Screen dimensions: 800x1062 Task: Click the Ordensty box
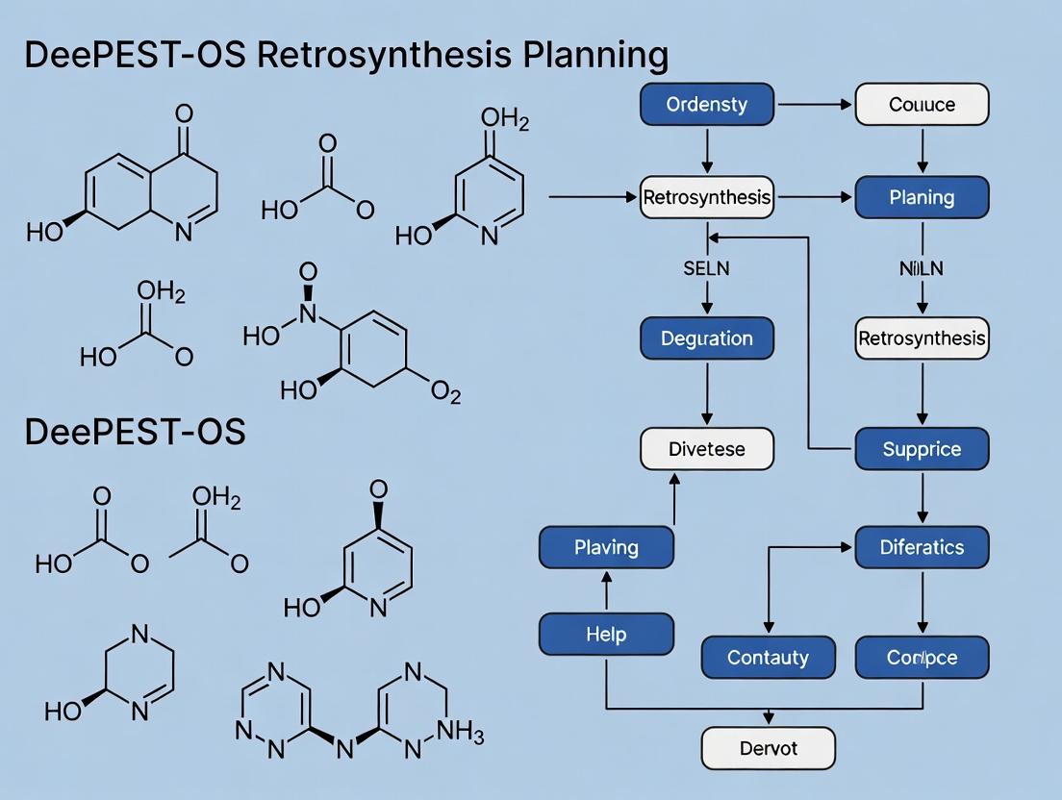[x=707, y=105]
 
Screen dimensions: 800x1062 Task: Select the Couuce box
[x=922, y=105]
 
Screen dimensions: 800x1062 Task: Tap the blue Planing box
[x=922, y=198]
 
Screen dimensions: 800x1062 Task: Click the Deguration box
[x=707, y=338]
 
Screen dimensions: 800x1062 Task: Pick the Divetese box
[x=707, y=449]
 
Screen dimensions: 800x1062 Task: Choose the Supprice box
[x=922, y=449]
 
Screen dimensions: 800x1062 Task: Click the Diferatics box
[x=922, y=547]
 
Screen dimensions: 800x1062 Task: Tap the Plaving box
[x=606, y=547]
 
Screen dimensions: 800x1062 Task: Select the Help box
[x=606, y=635]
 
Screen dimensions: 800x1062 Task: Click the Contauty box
[x=768, y=658]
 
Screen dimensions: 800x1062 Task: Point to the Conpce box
[x=922, y=658]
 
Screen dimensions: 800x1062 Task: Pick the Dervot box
[x=768, y=748]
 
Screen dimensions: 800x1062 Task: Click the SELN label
[x=707, y=269]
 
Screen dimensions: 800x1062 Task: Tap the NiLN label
[x=922, y=269]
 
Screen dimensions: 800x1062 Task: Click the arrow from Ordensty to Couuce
[x=814, y=105]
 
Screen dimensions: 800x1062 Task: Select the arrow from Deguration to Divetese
[x=707, y=393]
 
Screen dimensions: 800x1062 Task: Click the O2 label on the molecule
[x=444, y=393]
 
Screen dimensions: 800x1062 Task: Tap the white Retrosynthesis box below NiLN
[x=922, y=338]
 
